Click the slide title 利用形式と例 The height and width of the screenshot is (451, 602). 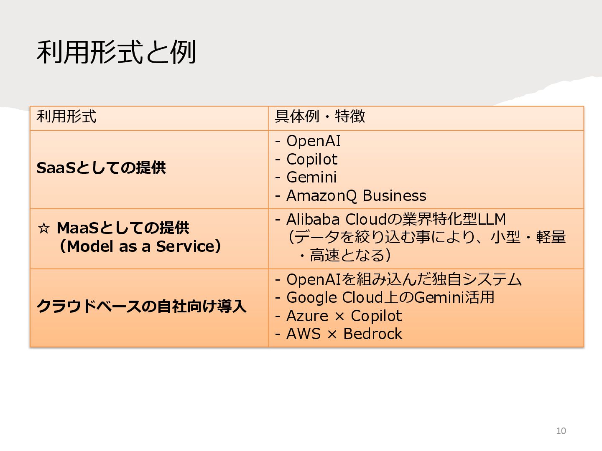pyautogui.click(x=116, y=52)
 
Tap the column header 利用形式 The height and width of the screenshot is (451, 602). pyautogui.click(x=66, y=117)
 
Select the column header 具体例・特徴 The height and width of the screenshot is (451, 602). pyautogui.click(x=320, y=117)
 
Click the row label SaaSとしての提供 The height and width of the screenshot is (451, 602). pyautogui.click(x=101, y=168)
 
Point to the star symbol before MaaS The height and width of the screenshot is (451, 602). pyautogui.click(x=43, y=228)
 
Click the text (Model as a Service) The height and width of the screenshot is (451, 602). pyautogui.click(x=140, y=246)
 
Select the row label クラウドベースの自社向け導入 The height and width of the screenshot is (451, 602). pyautogui.click(x=141, y=307)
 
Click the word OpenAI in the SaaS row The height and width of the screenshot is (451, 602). pyautogui.click(x=314, y=141)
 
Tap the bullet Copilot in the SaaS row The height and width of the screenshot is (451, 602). pyautogui.click(x=312, y=160)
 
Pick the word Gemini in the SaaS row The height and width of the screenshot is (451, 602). pyautogui.click(x=311, y=177)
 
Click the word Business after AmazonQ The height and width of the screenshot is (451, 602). pyautogui.click(x=394, y=196)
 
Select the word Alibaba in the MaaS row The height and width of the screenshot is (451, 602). pyautogui.click(x=313, y=219)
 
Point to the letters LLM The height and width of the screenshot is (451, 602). pyautogui.click(x=492, y=219)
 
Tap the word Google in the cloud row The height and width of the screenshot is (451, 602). pyautogui.click(x=312, y=298)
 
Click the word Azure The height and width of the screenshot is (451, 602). pyautogui.click(x=307, y=316)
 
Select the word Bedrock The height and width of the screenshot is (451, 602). pyautogui.click(x=373, y=334)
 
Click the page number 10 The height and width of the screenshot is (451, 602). pyautogui.click(x=561, y=431)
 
